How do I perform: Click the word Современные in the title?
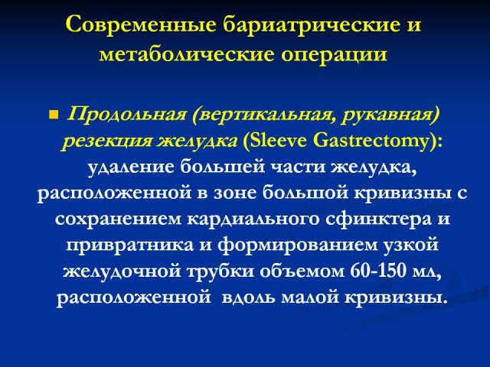click(141, 24)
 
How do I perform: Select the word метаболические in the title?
click(187, 54)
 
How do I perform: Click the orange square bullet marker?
click(54, 115)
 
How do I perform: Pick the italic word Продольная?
click(126, 115)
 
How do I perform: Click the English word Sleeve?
click(274, 141)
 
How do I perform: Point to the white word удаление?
click(131, 167)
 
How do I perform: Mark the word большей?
click(223, 167)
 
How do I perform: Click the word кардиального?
click(253, 219)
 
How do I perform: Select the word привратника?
click(129, 245)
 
